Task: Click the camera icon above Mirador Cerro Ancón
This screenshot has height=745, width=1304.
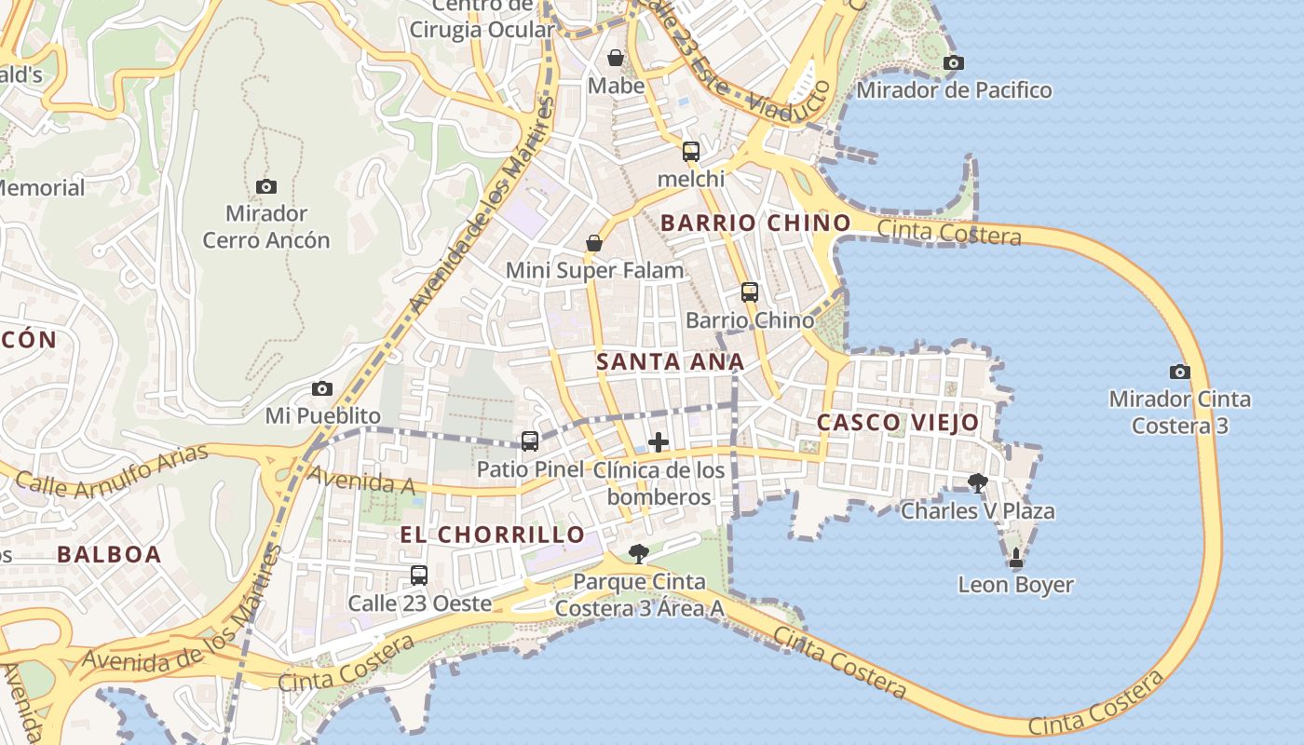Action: pyautogui.click(x=266, y=186)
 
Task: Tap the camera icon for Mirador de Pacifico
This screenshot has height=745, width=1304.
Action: pyautogui.click(x=953, y=62)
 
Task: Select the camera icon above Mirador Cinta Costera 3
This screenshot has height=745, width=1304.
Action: pyautogui.click(x=1179, y=372)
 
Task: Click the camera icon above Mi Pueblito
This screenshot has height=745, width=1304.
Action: pyautogui.click(x=322, y=388)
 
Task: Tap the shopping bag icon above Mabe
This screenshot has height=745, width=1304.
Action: pyautogui.click(x=615, y=58)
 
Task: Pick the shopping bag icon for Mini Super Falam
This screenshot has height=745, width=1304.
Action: pyautogui.click(x=593, y=243)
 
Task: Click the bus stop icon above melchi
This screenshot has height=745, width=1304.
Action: pyautogui.click(x=690, y=151)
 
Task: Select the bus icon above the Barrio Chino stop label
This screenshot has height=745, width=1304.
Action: pyautogui.click(x=749, y=291)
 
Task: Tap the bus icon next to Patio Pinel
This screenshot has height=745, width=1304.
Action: pyautogui.click(x=529, y=441)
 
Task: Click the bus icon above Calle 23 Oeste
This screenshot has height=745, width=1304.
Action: pyautogui.click(x=419, y=575)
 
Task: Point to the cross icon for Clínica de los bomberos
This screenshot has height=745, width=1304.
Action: pyautogui.click(x=658, y=441)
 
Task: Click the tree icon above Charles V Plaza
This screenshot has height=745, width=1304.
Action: pyautogui.click(x=977, y=482)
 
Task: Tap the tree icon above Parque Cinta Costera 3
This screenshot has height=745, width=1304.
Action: pyautogui.click(x=638, y=554)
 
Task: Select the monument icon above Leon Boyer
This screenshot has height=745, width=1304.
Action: pyautogui.click(x=1015, y=558)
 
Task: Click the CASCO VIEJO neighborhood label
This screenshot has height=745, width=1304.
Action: pyautogui.click(x=898, y=423)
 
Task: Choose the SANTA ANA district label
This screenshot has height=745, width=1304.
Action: pyautogui.click(x=670, y=361)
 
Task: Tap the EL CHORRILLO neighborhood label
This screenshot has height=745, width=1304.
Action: pyautogui.click(x=492, y=535)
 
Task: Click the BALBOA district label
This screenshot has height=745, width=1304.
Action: pyautogui.click(x=109, y=554)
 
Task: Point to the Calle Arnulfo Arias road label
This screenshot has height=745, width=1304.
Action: pyautogui.click(x=99, y=471)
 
